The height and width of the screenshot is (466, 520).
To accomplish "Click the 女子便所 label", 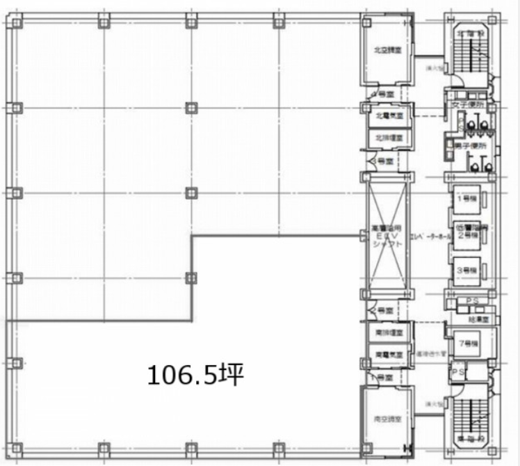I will (466, 105).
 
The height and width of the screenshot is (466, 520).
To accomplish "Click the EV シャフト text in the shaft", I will (384, 236).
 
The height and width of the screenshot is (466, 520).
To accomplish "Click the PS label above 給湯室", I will (473, 300).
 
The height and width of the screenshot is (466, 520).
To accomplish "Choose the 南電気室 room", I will (384, 354).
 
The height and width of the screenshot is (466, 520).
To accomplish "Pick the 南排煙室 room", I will (384, 332).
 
